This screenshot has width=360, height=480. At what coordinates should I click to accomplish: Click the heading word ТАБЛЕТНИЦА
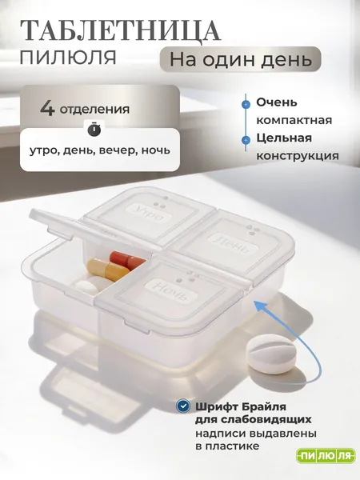click(120, 31)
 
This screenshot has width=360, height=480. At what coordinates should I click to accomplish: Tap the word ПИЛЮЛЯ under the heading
click(68, 58)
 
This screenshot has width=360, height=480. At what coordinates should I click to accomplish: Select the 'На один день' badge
click(241, 59)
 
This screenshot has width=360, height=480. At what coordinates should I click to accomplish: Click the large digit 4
click(47, 108)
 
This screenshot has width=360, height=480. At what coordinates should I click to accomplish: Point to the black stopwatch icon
click(94, 129)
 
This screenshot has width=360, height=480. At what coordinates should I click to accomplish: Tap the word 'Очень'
click(277, 102)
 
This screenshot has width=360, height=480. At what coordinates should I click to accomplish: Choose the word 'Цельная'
click(284, 138)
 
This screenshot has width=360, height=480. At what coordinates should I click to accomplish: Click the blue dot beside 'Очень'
click(246, 104)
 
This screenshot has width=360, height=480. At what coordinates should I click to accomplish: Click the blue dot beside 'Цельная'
click(246, 140)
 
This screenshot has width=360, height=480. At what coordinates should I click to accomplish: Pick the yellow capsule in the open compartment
click(108, 269)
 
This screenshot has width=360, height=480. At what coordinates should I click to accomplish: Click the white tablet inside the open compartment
click(86, 287)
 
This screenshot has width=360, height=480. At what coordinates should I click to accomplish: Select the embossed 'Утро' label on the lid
click(150, 214)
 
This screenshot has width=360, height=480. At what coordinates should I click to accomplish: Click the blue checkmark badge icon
click(184, 406)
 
